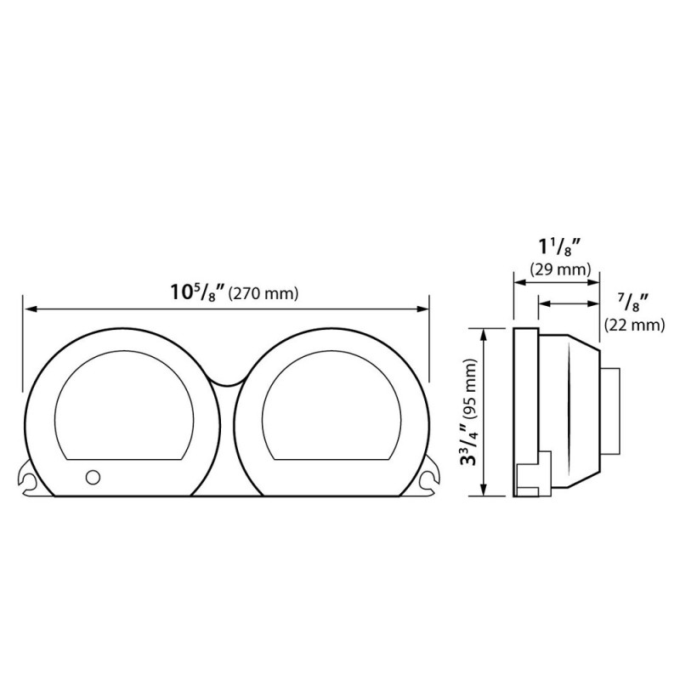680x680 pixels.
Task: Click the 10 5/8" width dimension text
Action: click(197, 293)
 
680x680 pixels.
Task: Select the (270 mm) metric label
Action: click(264, 295)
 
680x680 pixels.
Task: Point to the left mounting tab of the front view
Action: click(32, 480)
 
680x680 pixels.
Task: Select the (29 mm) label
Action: click(559, 270)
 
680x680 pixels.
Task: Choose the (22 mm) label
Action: click(633, 324)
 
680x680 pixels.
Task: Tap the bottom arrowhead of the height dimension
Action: click(484, 490)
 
